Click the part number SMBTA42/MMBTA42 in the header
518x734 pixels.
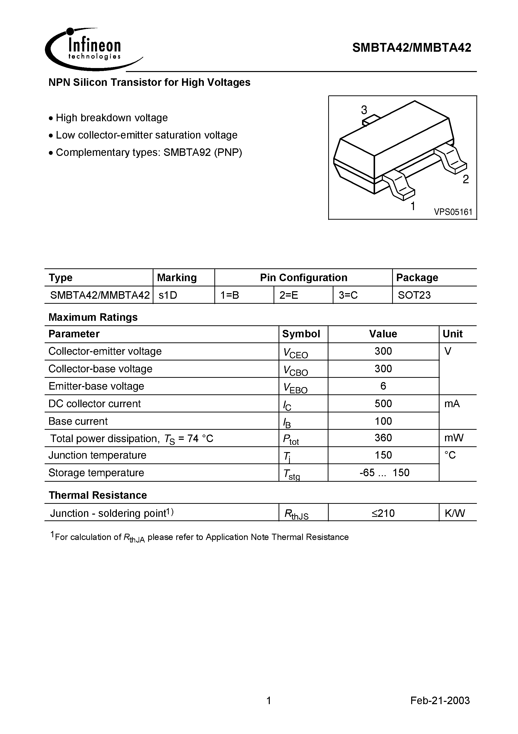click(x=411, y=48)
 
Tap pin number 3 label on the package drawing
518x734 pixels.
click(x=364, y=110)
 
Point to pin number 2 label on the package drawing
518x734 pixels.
click(x=466, y=179)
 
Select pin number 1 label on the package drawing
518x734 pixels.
click(x=413, y=206)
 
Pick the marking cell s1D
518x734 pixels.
click(x=168, y=295)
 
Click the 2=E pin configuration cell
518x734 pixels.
click(x=289, y=295)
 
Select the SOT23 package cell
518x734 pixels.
click(x=414, y=295)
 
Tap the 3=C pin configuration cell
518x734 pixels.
click(x=348, y=295)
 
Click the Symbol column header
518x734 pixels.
click(x=301, y=334)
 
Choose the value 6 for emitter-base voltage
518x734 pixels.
click(x=383, y=386)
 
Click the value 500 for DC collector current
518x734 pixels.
click(x=383, y=404)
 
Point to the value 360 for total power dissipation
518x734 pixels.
click(x=383, y=438)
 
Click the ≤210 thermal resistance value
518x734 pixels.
click(x=383, y=513)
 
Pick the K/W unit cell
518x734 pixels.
click(x=455, y=513)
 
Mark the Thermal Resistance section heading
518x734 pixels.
click(x=98, y=495)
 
